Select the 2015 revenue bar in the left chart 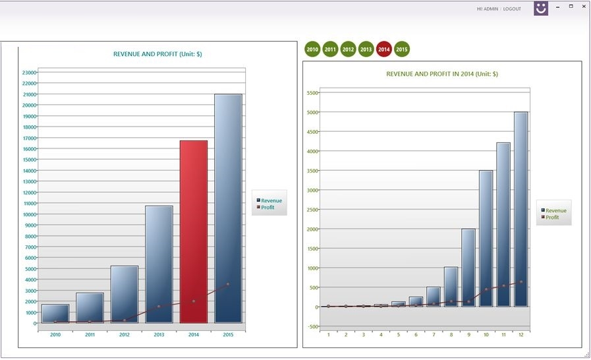point(228,208)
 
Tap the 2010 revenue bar point(55,313)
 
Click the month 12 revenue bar point(521,209)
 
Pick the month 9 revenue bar point(468,267)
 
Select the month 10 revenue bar point(486,238)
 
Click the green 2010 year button point(312,49)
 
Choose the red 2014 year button point(384,49)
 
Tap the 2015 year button point(402,49)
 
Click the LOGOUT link point(512,9)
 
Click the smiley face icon point(541,9)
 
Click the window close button point(584,7)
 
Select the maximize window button point(571,7)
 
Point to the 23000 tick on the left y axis point(29,73)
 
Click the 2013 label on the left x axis point(159,335)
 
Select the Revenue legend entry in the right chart point(555,210)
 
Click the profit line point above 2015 point(228,284)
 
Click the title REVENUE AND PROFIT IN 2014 point(441,74)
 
